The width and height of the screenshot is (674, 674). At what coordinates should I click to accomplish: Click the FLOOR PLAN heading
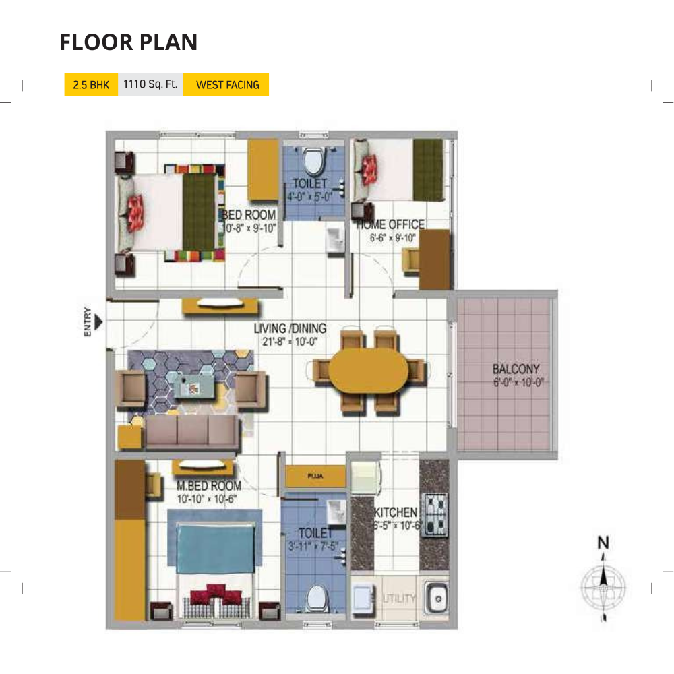[x=128, y=42]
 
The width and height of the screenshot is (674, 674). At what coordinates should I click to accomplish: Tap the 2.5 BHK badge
[x=90, y=85]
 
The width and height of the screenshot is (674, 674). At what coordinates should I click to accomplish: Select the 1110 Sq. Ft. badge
[x=150, y=85]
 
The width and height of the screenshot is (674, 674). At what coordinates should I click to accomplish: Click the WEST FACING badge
[x=227, y=85]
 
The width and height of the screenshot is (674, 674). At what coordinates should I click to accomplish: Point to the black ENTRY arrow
[x=98, y=323]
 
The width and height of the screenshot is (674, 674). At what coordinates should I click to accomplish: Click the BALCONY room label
[x=516, y=369]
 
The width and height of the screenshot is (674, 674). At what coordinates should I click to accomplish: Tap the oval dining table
[x=368, y=370]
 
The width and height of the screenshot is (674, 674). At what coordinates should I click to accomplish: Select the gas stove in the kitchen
[x=435, y=514]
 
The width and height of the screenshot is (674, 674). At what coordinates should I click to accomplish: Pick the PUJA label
[x=315, y=477]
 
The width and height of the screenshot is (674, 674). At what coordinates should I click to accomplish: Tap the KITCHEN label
[x=396, y=514]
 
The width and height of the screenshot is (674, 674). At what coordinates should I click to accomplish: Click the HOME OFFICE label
[x=391, y=225]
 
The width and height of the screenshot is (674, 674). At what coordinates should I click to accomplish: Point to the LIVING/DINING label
[x=290, y=329]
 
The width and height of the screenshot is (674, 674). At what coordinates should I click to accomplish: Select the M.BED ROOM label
[x=208, y=486]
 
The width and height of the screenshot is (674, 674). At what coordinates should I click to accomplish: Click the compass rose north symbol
[x=604, y=580]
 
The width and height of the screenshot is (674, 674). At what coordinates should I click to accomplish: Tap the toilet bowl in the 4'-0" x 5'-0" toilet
[x=312, y=162]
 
